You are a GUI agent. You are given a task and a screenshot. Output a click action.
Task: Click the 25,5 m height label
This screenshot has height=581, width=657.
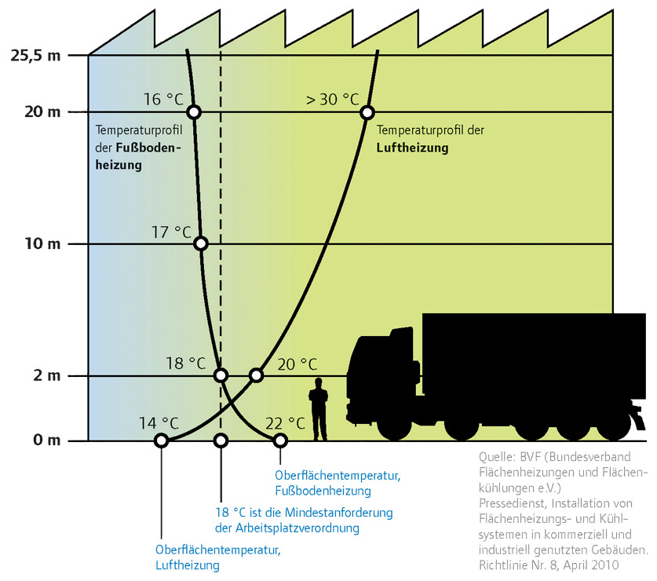coord(35,55)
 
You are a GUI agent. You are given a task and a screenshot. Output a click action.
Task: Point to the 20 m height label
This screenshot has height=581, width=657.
coord(42,112)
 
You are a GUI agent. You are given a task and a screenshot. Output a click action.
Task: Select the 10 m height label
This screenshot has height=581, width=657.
coord(42,243)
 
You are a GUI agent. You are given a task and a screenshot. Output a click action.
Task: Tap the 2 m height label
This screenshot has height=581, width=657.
coord(47,375)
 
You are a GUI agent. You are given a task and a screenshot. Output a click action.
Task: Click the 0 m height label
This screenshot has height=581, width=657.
coord(47,440)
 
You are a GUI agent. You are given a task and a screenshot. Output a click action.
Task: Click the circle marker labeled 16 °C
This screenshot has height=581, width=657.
coord(194,112)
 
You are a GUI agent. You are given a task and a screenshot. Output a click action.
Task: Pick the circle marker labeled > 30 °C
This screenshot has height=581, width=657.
coord(367,112)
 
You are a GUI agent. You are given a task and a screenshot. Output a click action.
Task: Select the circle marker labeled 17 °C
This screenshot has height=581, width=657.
coord(201,243)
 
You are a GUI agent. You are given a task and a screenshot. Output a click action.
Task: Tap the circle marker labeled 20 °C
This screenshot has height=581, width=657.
coord(257,375)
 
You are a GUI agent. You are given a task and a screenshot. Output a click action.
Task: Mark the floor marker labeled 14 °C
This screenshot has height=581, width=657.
coord(162,440)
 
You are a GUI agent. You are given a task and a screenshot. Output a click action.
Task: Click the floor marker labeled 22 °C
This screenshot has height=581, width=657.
coord(280,440)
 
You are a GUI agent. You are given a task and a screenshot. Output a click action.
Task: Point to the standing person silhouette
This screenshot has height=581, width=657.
coord(319,410)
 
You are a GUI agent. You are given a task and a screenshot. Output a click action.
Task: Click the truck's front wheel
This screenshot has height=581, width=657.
coord(394,424)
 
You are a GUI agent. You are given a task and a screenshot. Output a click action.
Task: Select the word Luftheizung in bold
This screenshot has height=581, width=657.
coord(412,148)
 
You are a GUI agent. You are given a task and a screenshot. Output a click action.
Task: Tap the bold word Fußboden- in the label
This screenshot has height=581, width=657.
coord(148,148)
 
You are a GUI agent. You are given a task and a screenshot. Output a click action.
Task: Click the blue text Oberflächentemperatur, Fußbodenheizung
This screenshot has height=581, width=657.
coord(338,483)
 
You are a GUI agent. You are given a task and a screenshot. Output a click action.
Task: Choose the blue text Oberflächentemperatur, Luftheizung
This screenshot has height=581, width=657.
coord(218,557)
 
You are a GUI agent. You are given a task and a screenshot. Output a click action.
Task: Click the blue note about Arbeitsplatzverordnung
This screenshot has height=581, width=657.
coord(304,520)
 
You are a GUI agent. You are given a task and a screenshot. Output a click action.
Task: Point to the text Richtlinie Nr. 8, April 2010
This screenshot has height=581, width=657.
coord(549,565)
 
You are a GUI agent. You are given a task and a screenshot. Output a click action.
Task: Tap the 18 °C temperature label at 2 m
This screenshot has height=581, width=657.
coord(185,363)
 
